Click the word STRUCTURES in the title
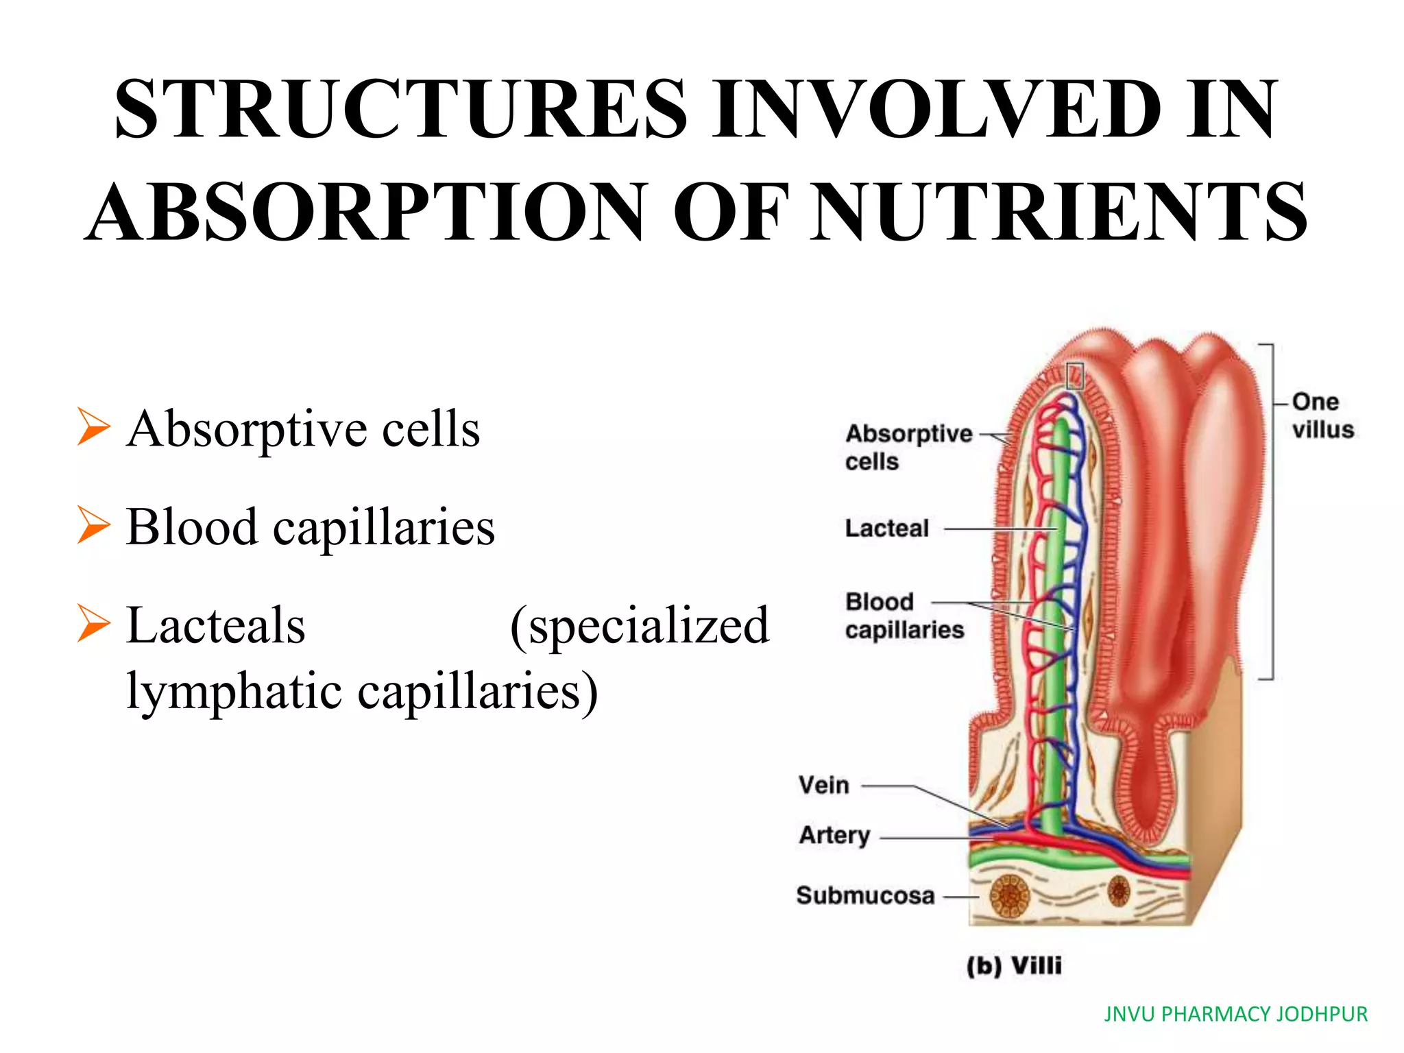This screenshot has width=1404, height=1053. (401, 110)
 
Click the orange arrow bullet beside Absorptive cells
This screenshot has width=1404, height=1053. (93, 426)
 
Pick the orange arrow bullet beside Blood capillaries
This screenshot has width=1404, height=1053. (93, 525)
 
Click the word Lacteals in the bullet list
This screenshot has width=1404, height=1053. (216, 625)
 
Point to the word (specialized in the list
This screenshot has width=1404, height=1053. (640, 625)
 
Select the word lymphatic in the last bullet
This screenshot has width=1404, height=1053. (234, 691)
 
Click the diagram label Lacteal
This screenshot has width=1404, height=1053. (886, 529)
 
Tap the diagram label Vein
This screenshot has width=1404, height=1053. (823, 785)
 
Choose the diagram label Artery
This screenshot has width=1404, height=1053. (834, 836)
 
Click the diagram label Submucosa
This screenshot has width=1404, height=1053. (865, 895)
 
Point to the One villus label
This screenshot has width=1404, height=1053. (1322, 415)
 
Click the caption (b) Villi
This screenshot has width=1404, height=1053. (1014, 966)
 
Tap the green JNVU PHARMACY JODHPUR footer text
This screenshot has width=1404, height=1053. (1235, 1014)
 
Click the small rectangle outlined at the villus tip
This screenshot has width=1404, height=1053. (1075, 376)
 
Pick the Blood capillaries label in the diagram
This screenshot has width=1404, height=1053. (904, 616)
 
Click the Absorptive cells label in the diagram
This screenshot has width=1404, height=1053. (908, 447)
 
